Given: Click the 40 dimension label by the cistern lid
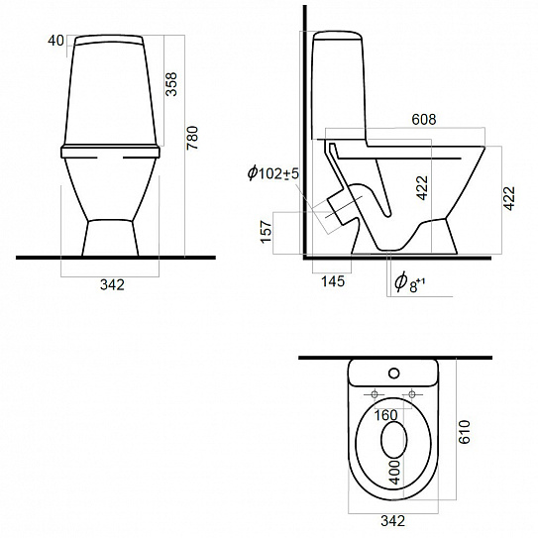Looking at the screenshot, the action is coord(55,41).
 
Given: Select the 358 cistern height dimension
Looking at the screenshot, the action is coord(171,84).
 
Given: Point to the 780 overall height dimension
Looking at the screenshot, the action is coord(192,138).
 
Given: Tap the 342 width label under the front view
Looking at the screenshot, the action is coord(112,284).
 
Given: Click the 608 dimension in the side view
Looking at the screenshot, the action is coord(424,119).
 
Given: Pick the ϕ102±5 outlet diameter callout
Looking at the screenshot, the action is coord(273,173).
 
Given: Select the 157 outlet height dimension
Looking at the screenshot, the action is coord(267,232).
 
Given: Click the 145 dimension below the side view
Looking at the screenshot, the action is coord(333,281).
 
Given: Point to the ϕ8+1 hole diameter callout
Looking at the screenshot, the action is coord(409,282).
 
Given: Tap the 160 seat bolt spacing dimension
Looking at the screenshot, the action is coord(385,415).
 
